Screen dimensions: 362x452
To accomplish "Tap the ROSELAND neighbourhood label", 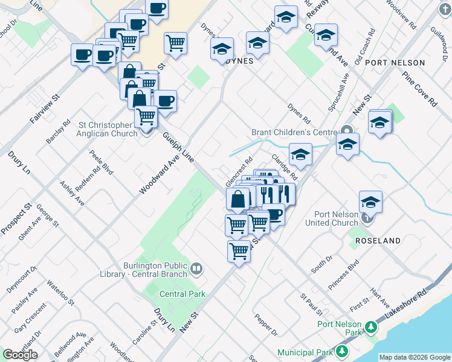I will [378, 241].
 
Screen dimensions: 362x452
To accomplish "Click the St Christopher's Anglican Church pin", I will [146, 130].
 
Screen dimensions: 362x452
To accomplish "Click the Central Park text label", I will [182, 294].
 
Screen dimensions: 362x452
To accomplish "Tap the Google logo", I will [20, 355].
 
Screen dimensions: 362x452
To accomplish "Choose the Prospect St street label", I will [16, 222].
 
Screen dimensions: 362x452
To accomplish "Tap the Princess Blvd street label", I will [344, 275].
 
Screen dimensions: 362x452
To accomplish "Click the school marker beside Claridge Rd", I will [300, 155].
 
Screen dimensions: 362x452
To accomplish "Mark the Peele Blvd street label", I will [102, 162].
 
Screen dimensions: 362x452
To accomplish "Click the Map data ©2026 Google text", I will [415, 357].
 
